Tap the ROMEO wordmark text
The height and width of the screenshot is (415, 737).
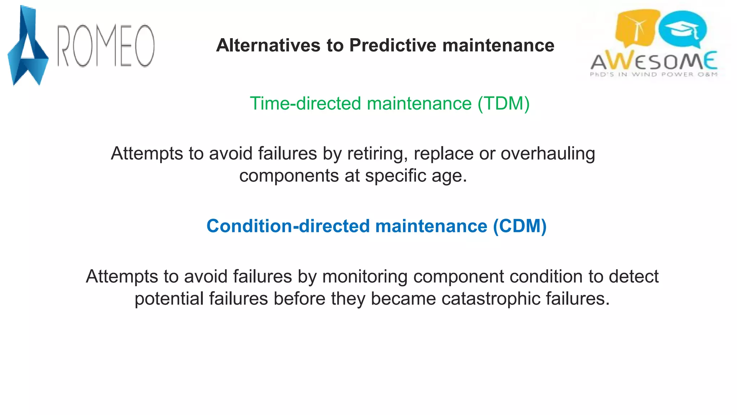pos(106,46)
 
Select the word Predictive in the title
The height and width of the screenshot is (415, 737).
pos(393,45)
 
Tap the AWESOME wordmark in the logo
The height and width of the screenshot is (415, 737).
pos(654,61)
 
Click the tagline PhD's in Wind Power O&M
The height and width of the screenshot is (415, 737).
pos(654,75)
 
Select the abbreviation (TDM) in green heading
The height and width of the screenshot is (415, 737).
pos(503,103)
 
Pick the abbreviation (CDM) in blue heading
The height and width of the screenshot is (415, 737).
pos(520,226)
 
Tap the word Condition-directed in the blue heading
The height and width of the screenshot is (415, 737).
pos(288,226)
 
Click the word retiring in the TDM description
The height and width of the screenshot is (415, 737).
pos(377,154)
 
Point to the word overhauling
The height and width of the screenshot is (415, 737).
pos(548,154)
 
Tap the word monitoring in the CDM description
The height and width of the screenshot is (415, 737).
pos(365,277)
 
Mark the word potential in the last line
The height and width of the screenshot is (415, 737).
pos(169,299)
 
